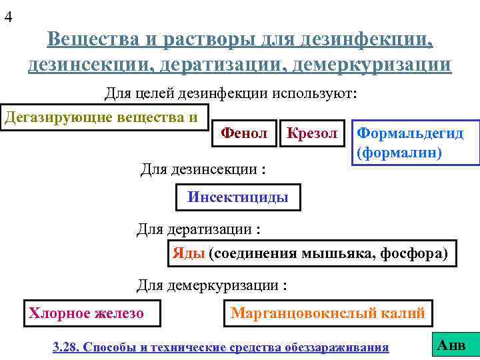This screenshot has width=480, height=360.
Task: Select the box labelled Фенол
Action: point(243,133)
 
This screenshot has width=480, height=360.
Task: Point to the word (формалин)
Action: point(399,153)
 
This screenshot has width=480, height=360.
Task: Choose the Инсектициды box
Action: point(238,197)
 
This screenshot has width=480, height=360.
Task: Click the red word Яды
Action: point(188,253)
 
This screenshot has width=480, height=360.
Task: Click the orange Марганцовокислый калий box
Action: point(327,313)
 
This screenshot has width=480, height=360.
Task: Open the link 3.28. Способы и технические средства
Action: point(221,347)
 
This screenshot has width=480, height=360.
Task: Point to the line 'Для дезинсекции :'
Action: point(203,169)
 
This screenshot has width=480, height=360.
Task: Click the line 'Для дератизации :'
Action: point(199,229)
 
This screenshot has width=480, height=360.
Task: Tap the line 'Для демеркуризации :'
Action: point(212,285)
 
